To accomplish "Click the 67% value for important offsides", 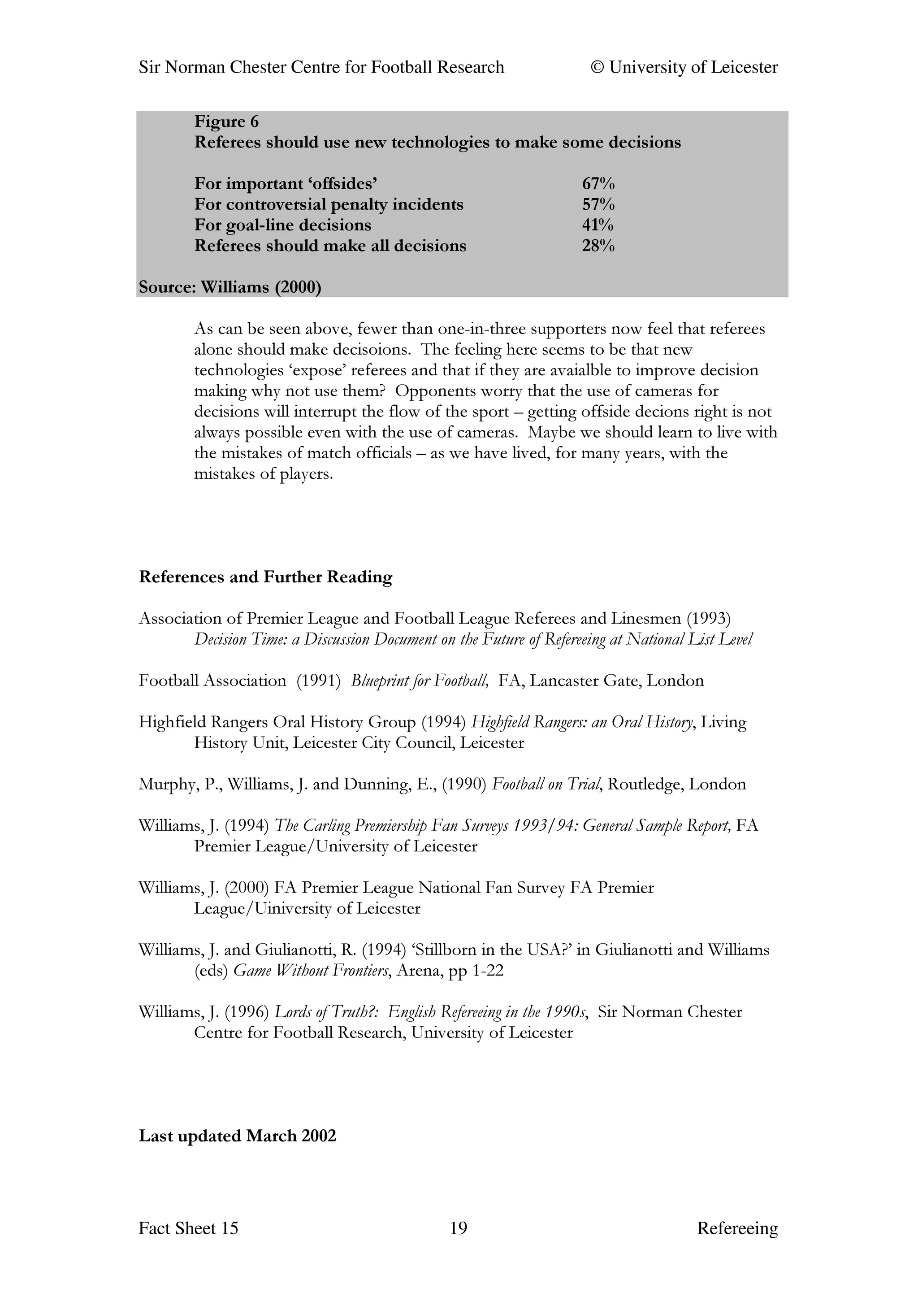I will click(598, 184).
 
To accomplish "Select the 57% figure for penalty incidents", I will click(598, 204).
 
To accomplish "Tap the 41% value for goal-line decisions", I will click(598, 225).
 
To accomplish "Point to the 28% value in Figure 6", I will click(598, 245).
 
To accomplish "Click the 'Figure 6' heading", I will click(226, 121).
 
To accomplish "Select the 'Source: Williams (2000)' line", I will click(229, 287).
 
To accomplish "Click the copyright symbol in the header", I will click(597, 67).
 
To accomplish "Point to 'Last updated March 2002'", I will click(238, 1136).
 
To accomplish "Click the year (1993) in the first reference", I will click(708, 619).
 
